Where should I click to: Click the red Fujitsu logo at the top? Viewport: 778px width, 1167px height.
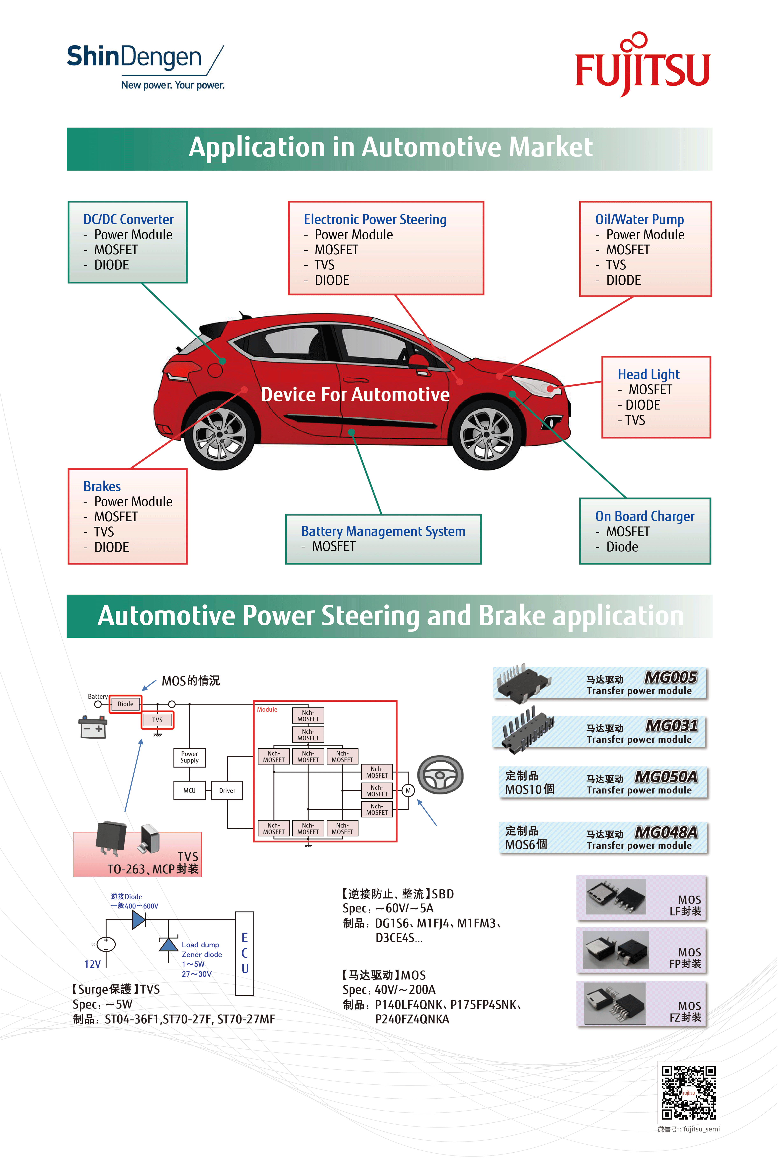[x=643, y=66]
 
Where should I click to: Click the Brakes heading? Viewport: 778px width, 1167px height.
[x=102, y=486]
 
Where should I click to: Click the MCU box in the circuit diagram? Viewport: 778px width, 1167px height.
[x=189, y=790]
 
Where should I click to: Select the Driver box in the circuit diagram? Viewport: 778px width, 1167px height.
[x=227, y=790]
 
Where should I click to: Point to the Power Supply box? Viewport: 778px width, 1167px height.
[x=189, y=757]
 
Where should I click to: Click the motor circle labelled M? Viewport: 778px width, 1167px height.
[x=408, y=790]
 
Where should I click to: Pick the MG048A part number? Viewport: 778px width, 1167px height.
[x=666, y=832]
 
